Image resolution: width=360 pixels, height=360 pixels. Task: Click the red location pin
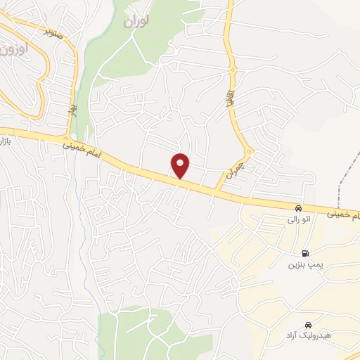[x=181, y=165]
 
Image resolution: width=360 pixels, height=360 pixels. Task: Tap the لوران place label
[x=136, y=22]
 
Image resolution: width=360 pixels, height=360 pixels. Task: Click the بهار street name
[x=72, y=111]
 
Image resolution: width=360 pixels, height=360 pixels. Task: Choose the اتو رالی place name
[x=298, y=220]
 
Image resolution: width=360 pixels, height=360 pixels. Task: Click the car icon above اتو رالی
[x=299, y=209]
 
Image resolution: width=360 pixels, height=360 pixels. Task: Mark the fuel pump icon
[x=304, y=253]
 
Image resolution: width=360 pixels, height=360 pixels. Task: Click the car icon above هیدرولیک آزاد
[x=308, y=325]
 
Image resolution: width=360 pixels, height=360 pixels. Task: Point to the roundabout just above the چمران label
[x=249, y=151]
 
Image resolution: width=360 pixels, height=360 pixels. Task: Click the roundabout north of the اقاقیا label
[x=233, y=70]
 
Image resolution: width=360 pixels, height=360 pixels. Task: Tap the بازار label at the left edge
[x=4, y=143]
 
